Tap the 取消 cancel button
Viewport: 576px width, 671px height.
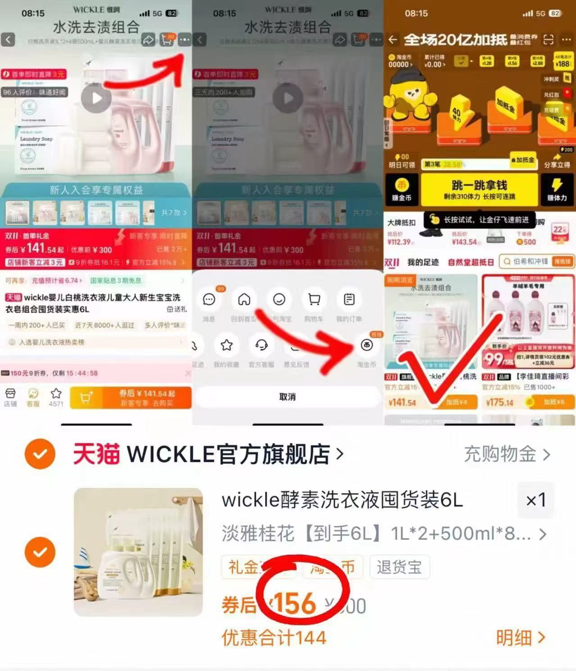click(287, 396)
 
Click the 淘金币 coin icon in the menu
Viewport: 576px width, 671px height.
click(367, 346)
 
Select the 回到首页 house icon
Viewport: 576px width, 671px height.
click(244, 300)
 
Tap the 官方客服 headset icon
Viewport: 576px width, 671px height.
click(261, 346)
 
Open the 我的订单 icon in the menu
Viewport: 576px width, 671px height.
click(349, 300)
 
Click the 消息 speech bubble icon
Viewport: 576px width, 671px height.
click(209, 300)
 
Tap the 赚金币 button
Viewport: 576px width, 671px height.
click(402, 189)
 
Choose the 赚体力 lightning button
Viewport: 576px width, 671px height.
click(557, 189)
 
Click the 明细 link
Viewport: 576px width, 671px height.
click(521, 637)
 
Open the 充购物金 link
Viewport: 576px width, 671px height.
click(507, 455)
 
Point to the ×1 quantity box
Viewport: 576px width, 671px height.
click(535, 500)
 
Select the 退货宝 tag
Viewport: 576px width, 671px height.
click(399, 567)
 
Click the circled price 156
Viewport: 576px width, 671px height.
click(295, 603)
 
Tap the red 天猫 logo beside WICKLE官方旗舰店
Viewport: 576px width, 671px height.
click(96, 454)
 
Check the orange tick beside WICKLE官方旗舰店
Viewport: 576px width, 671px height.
click(40, 454)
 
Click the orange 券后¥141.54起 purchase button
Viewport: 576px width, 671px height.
click(146, 397)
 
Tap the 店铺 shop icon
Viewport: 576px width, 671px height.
click(10, 397)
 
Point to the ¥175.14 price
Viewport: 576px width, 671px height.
click(499, 402)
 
